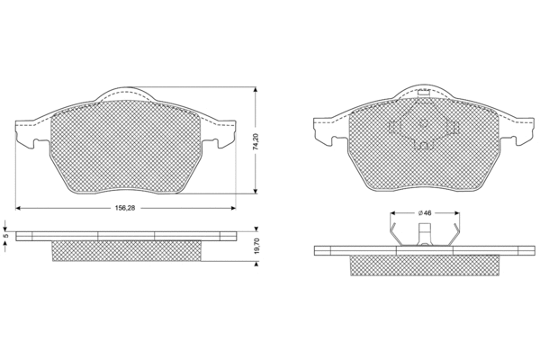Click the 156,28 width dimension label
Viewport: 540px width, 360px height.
pyautogui.click(x=126, y=208)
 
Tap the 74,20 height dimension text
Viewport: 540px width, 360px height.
pyautogui.click(x=256, y=141)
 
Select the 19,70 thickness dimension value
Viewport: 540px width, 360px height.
pyautogui.click(x=256, y=246)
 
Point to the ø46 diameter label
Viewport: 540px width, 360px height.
pyautogui.click(x=425, y=213)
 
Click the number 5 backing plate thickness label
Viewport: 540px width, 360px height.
pyautogui.click(x=4, y=236)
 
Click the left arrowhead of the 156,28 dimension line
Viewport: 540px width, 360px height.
pyautogui.click(x=18, y=208)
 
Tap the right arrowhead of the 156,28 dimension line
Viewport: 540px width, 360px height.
pyautogui.click(x=233, y=208)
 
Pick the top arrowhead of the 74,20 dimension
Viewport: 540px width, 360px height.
pyautogui.click(x=256, y=90)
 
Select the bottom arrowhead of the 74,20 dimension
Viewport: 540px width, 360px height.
pyautogui.click(x=256, y=191)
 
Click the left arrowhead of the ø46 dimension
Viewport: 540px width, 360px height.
pyautogui.click(x=392, y=213)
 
